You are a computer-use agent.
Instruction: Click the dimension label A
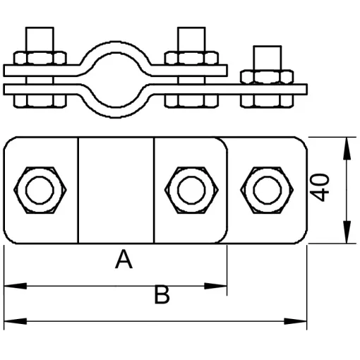pos(124,260)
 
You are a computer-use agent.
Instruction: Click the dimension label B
pos(162,294)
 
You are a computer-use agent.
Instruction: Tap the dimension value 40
pos(319,188)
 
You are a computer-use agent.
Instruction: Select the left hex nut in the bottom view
pos(40,190)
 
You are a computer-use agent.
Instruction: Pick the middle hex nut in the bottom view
pos(191,190)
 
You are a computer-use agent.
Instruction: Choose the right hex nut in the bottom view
pos(267,190)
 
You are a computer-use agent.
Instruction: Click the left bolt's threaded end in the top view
pos(40,39)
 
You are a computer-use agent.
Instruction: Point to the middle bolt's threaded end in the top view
pos(191,39)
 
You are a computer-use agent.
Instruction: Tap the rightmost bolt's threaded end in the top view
pos(268,58)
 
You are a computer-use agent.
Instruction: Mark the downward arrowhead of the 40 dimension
pos(347,232)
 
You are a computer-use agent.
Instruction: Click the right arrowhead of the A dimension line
pos(215,286)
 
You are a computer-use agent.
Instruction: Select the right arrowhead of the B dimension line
pos(296,321)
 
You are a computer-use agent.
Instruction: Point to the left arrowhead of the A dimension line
pos(16,286)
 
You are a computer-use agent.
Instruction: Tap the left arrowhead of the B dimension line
pos(16,321)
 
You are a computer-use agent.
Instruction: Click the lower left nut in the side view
pos(40,101)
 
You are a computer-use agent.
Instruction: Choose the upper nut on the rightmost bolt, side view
pos(267,76)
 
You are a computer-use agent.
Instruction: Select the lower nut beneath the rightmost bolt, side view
pos(267,101)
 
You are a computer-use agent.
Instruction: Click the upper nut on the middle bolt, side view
pos(191,58)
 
